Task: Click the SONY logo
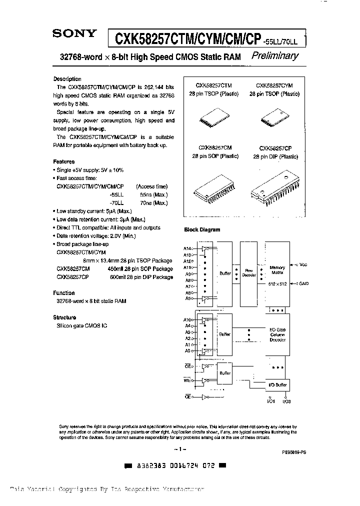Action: click(75, 34)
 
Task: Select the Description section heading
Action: click(67, 79)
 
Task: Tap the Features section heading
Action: click(64, 161)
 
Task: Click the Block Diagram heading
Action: click(202, 229)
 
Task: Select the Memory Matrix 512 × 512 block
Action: click(277, 273)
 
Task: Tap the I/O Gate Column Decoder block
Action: click(277, 335)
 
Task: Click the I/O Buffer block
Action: click(277, 384)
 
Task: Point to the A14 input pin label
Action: click(187, 248)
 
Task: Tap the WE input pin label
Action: click(186, 381)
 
